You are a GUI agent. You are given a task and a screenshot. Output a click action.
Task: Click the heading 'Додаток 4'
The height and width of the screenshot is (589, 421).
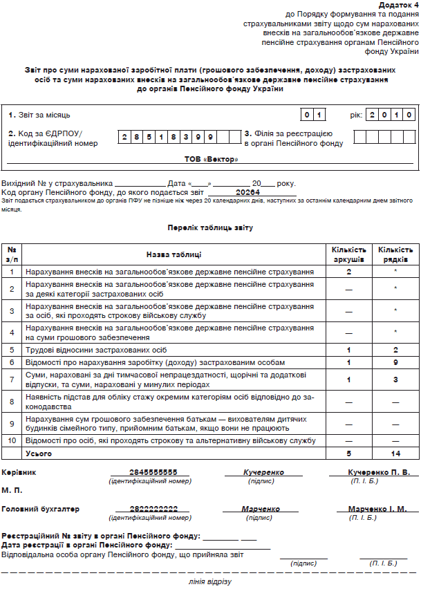pyautogui.click(x=397, y=4)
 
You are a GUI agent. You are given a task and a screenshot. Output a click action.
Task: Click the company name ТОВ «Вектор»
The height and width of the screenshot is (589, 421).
pyautogui.click(x=210, y=160)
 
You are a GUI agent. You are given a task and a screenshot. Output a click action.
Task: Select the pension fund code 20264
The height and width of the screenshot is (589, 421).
pyautogui.click(x=247, y=192)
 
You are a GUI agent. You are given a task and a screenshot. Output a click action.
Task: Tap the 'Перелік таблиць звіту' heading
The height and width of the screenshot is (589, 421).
pyautogui.click(x=210, y=227)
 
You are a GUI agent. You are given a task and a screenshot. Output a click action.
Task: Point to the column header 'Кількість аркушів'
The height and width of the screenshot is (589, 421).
pyautogui.click(x=349, y=254)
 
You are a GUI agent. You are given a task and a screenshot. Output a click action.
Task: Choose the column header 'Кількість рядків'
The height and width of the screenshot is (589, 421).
pyautogui.click(x=395, y=254)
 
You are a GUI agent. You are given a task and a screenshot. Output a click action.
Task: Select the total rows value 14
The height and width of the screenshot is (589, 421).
pyautogui.click(x=395, y=453)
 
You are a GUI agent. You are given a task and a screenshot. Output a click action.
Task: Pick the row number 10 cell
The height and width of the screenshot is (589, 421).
pyautogui.click(x=12, y=440)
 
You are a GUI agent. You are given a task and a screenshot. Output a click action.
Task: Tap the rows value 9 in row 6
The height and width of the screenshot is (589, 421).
pyautogui.click(x=395, y=362)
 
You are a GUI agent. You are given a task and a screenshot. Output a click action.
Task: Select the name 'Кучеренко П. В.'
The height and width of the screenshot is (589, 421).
pyautogui.click(x=379, y=472)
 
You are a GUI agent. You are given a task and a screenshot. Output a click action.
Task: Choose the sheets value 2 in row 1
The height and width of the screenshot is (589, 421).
pyautogui.click(x=349, y=272)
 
